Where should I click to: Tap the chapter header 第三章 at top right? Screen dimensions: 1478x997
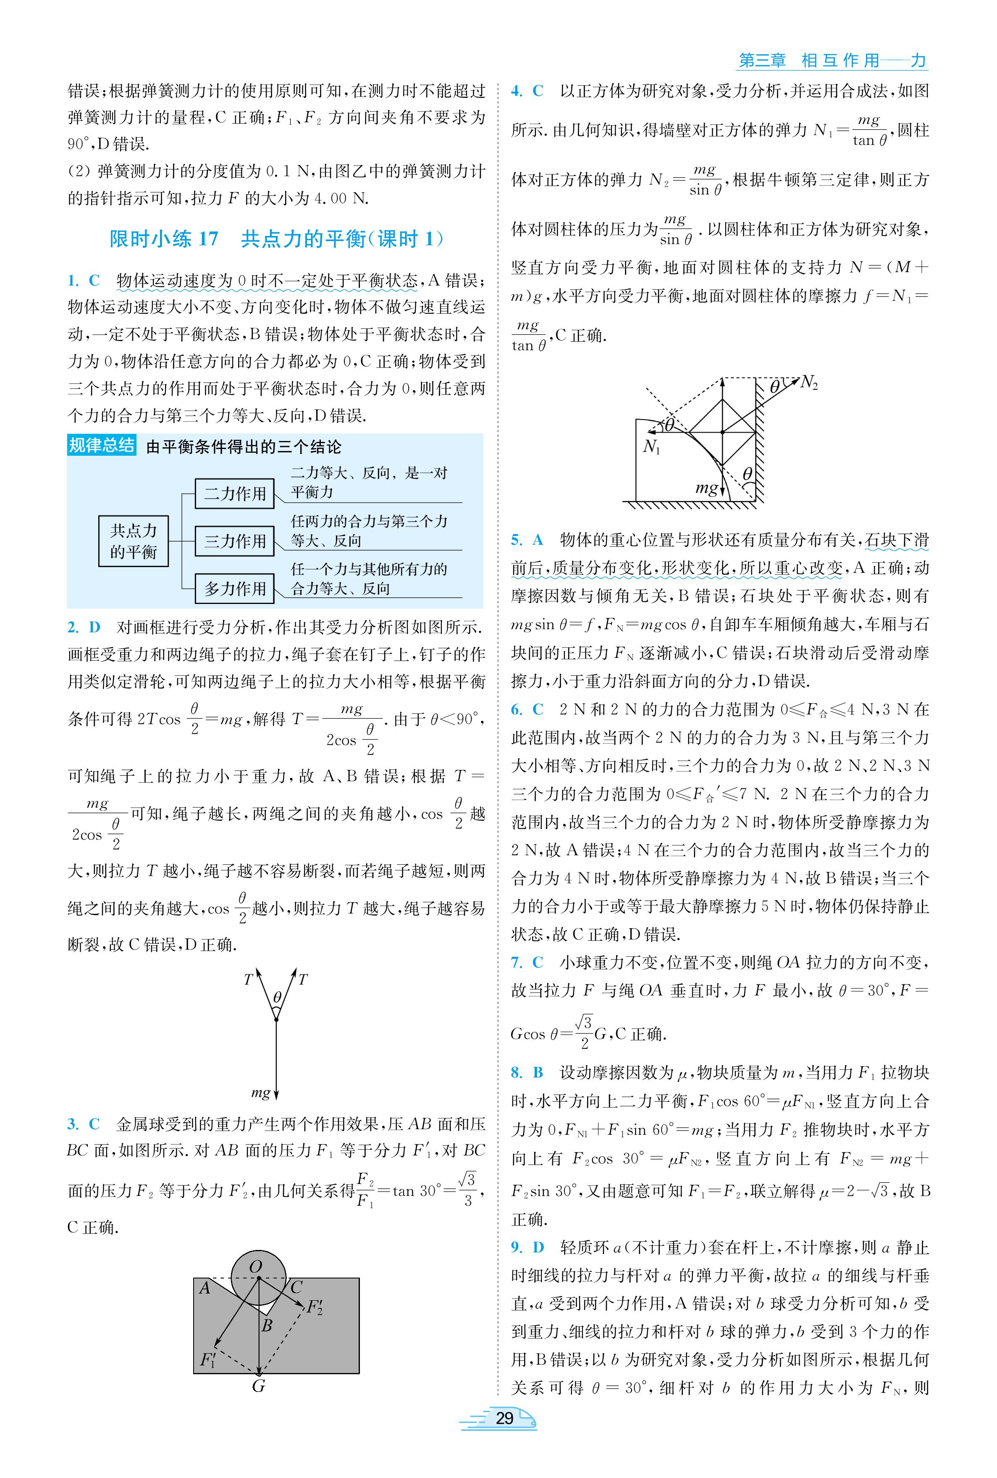point(762,61)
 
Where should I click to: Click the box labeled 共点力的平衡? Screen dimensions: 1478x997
point(134,541)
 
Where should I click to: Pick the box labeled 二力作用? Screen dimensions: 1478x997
point(235,494)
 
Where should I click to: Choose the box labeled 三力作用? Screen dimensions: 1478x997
point(235,541)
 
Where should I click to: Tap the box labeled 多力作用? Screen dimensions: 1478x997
point(235,589)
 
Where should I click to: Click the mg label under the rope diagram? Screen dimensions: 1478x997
point(261,1093)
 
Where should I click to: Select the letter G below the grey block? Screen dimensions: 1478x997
point(258,1386)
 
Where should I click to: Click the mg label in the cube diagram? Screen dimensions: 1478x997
point(706,488)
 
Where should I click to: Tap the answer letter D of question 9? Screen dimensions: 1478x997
point(538,1247)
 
